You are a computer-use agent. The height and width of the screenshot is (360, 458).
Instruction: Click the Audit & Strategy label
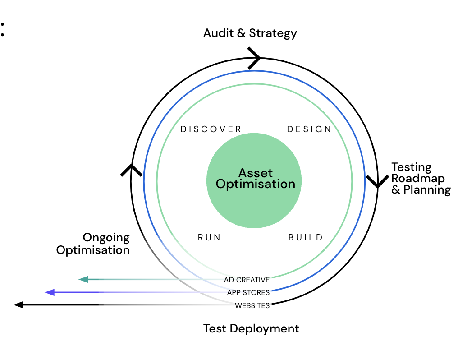tap(250, 33)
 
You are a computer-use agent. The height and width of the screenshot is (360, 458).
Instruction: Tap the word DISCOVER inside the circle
tap(211, 129)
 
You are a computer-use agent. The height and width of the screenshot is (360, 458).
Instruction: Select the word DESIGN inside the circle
tap(309, 129)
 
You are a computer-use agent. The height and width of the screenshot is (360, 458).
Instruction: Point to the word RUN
tap(210, 237)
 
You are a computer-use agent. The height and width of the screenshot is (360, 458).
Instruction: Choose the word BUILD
tap(306, 237)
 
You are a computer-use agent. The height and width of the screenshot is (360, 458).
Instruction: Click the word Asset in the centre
tap(256, 173)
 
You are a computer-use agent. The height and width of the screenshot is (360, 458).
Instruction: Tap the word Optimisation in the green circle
tap(256, 184)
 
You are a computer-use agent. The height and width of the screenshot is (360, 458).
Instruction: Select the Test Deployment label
tap(251, 328)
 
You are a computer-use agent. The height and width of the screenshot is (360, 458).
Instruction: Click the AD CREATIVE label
tap(247, 280)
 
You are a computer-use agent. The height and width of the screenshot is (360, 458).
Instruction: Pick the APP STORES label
tap(248, 292)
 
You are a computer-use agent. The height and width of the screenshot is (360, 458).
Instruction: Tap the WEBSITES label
tap(252, 305)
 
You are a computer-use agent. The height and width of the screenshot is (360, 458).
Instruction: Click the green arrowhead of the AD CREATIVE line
tap(83, 279)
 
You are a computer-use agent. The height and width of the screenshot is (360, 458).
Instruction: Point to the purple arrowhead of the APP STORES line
tap(50, 292)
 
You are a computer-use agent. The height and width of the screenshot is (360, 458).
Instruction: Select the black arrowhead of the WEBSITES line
tap(18, 305)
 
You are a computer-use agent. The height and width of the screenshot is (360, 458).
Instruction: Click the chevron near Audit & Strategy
tap(255, 58)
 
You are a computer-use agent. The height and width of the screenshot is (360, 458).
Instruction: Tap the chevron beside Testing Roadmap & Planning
tap(377, 181)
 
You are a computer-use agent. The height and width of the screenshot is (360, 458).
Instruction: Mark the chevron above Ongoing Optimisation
tap(131, 170)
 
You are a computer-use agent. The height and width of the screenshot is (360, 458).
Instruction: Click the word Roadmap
tap(412, 179)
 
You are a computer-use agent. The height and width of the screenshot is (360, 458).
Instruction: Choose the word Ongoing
tap(106, 238)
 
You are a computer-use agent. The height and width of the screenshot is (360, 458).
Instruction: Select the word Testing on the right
tap(411, 167)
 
